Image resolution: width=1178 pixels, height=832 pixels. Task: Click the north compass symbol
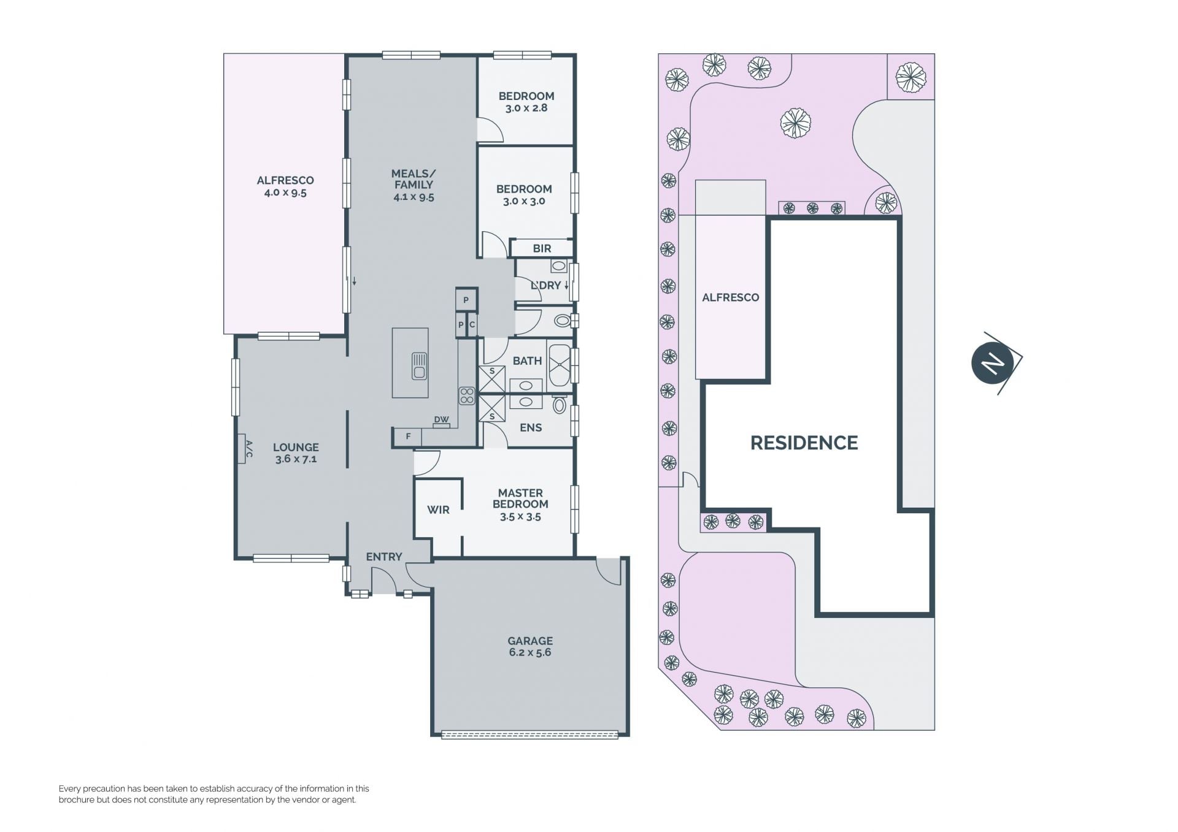pos(993,364)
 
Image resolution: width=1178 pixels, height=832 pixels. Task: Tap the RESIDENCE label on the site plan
pos(804,443)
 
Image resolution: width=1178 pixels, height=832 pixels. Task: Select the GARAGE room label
pos(530,641)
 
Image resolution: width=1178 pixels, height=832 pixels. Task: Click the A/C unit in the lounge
pos(242,448)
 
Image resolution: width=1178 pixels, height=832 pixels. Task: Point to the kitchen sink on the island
pos(420,366)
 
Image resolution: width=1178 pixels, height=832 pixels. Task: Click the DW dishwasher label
pos(441,420)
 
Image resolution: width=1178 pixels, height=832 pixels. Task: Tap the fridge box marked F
pos(408,437)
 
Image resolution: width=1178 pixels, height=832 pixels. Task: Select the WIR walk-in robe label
pos(438,510)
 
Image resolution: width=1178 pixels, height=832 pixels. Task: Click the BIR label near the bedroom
pos(542,248)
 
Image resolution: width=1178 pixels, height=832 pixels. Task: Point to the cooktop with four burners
pos(467,395)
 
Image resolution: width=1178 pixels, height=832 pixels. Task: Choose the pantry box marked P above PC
pos(466,300)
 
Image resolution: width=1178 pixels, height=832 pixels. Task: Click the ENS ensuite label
pos(531,427)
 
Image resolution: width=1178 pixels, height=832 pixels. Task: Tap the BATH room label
pos(527,361)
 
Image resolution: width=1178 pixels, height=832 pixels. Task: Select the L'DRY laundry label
pos(546,285)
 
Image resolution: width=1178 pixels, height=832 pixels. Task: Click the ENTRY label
pos(384,557)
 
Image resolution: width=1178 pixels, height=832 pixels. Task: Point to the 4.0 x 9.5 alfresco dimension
pos(285,193)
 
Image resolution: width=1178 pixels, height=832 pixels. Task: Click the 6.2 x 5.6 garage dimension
pos(530,652)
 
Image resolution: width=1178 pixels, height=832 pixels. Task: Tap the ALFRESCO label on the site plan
pos(730,297)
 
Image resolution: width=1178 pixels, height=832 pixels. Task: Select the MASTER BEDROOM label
pos(520,498)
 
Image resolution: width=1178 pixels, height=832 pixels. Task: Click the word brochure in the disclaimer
pos(77,800)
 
